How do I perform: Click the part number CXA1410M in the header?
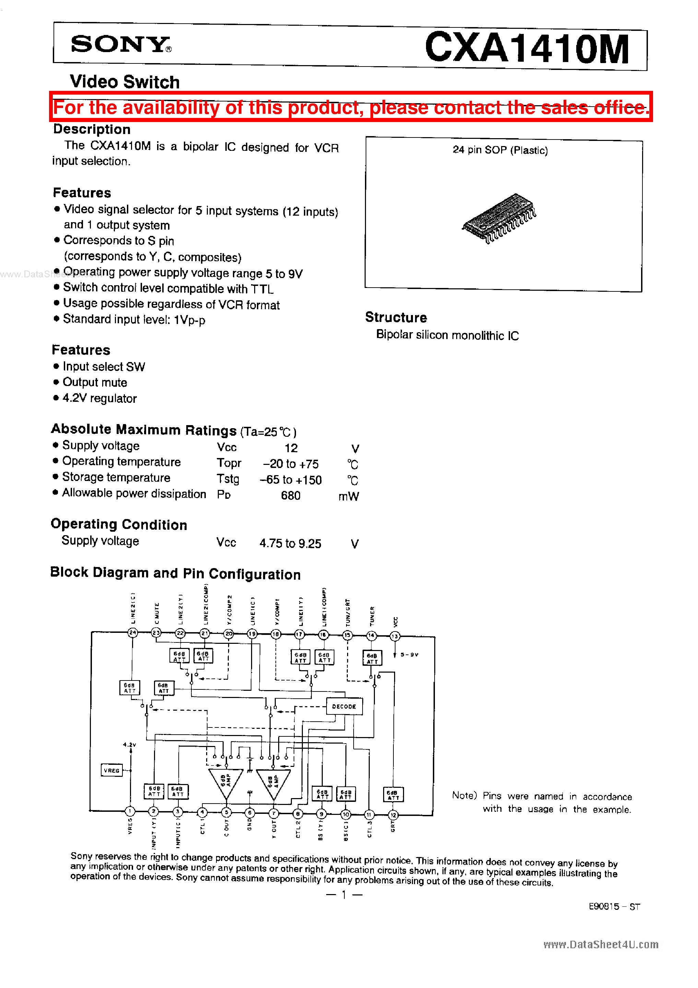527,48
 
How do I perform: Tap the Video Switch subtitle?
125,82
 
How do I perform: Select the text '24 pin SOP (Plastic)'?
500,150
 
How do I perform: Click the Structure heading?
396,317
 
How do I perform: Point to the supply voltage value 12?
291,448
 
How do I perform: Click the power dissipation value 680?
291,496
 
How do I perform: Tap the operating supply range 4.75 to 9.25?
290,543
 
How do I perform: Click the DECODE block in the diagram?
344,707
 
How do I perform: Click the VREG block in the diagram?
111,770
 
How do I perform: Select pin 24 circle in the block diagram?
133,632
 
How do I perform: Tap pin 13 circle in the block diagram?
395,636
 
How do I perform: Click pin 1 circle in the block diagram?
130,811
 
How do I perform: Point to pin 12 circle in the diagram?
393,815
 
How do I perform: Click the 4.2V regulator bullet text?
99,398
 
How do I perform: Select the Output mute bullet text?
95,383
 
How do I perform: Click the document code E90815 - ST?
614,907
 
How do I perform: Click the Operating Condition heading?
119,525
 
